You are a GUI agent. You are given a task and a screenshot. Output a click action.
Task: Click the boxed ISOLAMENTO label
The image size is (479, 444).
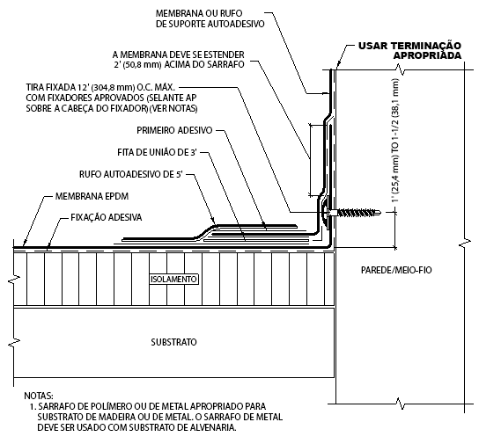173,280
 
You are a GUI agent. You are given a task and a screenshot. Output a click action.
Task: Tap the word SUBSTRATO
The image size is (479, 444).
173,342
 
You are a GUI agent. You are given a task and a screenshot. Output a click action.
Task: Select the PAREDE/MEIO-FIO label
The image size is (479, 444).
396,270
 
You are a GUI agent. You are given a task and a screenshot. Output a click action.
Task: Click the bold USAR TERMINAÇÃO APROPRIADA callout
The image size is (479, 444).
409,51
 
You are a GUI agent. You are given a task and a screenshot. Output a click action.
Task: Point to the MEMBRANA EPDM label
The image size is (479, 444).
92,196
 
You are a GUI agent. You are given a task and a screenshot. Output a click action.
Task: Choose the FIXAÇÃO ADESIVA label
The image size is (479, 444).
107,217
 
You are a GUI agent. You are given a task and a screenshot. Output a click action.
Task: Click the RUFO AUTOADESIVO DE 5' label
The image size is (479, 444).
131,174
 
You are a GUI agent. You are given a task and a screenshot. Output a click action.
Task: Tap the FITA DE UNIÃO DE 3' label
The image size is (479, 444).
157,152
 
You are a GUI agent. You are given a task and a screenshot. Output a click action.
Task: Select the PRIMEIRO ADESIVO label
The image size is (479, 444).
174,130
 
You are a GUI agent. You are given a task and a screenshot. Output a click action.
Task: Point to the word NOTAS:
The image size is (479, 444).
39,396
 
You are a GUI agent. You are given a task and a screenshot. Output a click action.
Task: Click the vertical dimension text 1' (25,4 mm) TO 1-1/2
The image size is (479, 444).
395,141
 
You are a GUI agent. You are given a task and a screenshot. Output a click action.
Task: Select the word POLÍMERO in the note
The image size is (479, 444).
109,406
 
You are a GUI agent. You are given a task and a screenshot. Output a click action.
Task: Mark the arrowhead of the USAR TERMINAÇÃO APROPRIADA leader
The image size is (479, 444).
337,68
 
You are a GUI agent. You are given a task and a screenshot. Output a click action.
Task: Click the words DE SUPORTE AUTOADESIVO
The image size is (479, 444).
210,24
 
